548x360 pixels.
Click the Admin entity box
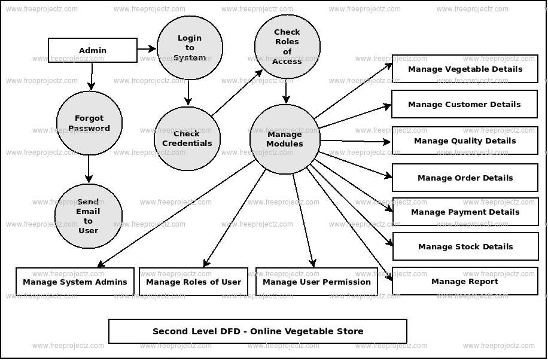(93, 50)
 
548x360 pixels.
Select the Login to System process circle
(190, 48)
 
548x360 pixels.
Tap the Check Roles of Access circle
(287, 47)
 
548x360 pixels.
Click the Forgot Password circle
(89, 123)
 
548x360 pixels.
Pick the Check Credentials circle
(187, 139)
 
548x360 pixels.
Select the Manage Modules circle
(285, 139)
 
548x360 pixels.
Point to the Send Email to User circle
(88, 216)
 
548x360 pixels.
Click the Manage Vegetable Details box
(465, 69)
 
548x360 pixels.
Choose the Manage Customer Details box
(464, 104)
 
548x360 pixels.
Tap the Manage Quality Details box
(465, 141)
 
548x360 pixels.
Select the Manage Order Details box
(465, 178)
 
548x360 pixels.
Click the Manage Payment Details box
(465, 212)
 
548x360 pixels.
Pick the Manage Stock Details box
(465, 246)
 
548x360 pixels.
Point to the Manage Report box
(465, 281)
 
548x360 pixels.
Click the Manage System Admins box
(75, 282)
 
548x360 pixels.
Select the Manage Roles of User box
(193, 282)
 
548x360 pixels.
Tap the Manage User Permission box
(316, 282)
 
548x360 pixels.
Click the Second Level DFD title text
(258, 331)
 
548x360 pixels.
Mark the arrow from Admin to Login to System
(147, 48)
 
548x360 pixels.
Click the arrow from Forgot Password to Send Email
(89, 169)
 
